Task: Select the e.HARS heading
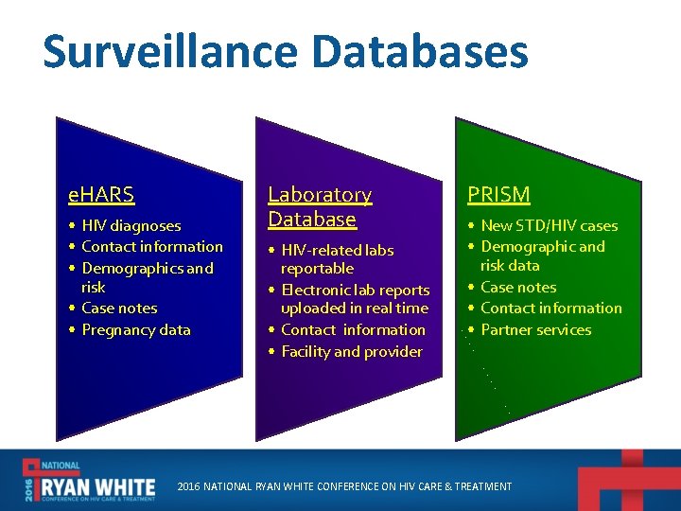[101, 195]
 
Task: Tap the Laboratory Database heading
[319, 206]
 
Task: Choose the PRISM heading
[498, 195]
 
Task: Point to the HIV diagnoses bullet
[131, 226]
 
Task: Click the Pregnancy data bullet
[135, 330]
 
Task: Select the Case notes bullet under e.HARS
[119, 308]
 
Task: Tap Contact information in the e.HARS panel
[151, 247]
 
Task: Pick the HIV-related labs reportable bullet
[336, 259]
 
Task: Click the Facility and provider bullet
[351, 352]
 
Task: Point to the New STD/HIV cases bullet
[549, 226]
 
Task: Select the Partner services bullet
[535, 330]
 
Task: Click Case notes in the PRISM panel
[518, 288]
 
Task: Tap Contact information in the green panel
[550, 308]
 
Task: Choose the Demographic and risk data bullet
[541, 256]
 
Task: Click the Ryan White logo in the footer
[90, 481]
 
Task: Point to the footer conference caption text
[344, 486]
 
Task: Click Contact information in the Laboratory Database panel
[353, 330]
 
